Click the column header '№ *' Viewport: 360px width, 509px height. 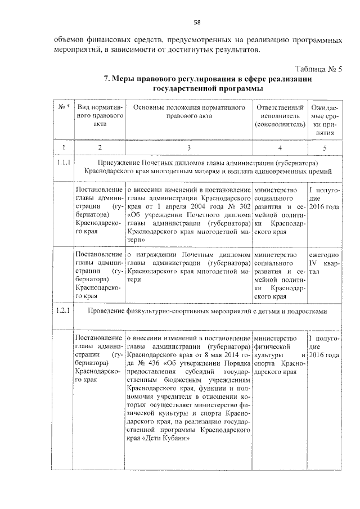pos(64,107)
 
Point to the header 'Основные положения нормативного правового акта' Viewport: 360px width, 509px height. pos(188,111)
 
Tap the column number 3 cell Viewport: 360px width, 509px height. pos(188,147)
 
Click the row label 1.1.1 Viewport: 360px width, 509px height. pos(64,163)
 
